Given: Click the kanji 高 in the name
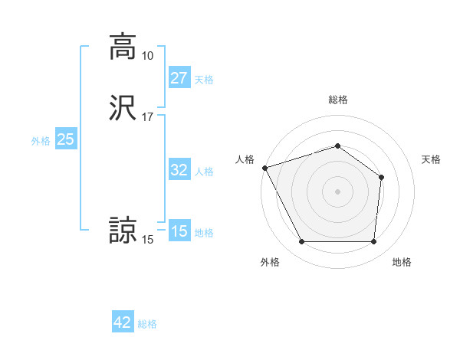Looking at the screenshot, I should click(123, 46).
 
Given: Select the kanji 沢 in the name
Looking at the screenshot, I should click(123, 108).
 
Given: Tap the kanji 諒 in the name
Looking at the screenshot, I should click(123, 231).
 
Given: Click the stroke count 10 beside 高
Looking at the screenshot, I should click(147, 56).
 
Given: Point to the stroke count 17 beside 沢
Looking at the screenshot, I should click(147, 117).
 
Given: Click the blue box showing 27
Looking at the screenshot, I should click(179, 78).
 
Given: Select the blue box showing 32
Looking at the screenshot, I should click(179, 170).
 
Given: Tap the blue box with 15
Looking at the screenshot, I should click(179, 231).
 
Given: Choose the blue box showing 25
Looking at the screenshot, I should click(65, 139).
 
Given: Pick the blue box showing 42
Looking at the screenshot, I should click(123, 323).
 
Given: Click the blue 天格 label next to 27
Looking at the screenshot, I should click(204, 80).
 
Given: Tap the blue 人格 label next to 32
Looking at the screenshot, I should click(204, 172).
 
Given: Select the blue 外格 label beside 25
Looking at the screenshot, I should click(41, 141).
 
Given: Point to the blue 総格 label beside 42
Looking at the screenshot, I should click(147, 325).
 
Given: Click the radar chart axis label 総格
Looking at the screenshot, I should click(337, 100).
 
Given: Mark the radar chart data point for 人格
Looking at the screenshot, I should click(264, 168).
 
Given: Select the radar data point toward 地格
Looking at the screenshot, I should click(373, 242).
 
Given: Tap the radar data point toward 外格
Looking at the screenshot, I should click(301, 242).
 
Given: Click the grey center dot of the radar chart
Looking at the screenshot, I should click(337, 191).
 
